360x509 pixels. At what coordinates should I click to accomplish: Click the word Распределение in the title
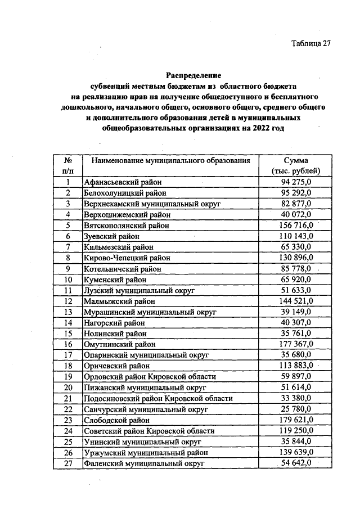(193, 75)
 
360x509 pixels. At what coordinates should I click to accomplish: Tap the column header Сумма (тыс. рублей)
(295, 165)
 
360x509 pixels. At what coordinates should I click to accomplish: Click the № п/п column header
(67, 165)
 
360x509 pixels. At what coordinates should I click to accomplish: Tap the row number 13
(67, 312)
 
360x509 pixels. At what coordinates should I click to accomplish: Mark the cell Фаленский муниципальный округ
(143, 463)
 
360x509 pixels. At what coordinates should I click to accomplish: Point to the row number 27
(67, 463)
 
